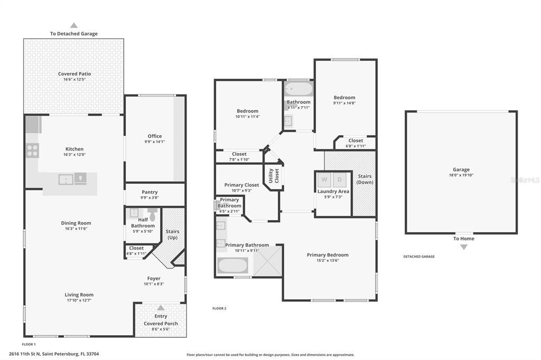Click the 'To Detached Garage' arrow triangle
pyautogui.click(x=74, y=25)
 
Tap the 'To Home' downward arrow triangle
pyautogui.click(x=464, y=247)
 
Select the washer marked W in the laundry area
pyautogui.click(x=324, y=179)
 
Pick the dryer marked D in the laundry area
pyautogui.click(x=340, y=179)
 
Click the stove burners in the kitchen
pyautogui.click(x=32, y=150)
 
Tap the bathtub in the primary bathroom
pyautogui.click(x=232, y=266)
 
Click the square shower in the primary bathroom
pyautogui.click(x=267, y=261)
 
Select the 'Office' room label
pyautogui.click(x=155, y=136)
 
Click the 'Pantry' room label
pyautogui.click(x=150, y=192)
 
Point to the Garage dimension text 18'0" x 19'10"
pyautogui.click(x=461, y=175)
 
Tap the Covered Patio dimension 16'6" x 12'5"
pyautogui.click(x=74, y=79)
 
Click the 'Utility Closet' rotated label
pyautogui.click(x=273, y=176)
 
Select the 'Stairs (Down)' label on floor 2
pyautogui.click(x=365, y=179)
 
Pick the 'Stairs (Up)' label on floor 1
pyautogui.click(x=172, y=234)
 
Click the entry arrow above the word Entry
pyautogui.click(x=161, y=308)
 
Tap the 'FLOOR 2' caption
pyautogui.click(x=219, y=308)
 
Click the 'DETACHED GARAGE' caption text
pyautogui.click(x=419, y=257)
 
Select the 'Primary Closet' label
pyautogui.click(x=241, y=185)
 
